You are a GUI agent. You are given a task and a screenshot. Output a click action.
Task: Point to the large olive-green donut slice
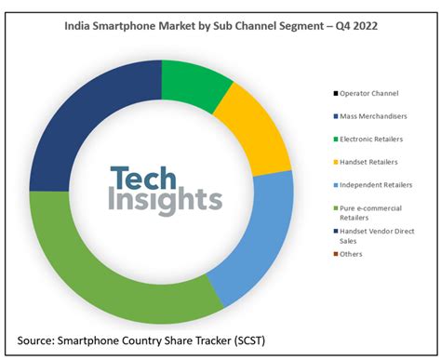(x=112, y=270)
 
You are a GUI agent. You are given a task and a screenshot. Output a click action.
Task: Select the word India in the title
(x=79, y=27)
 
